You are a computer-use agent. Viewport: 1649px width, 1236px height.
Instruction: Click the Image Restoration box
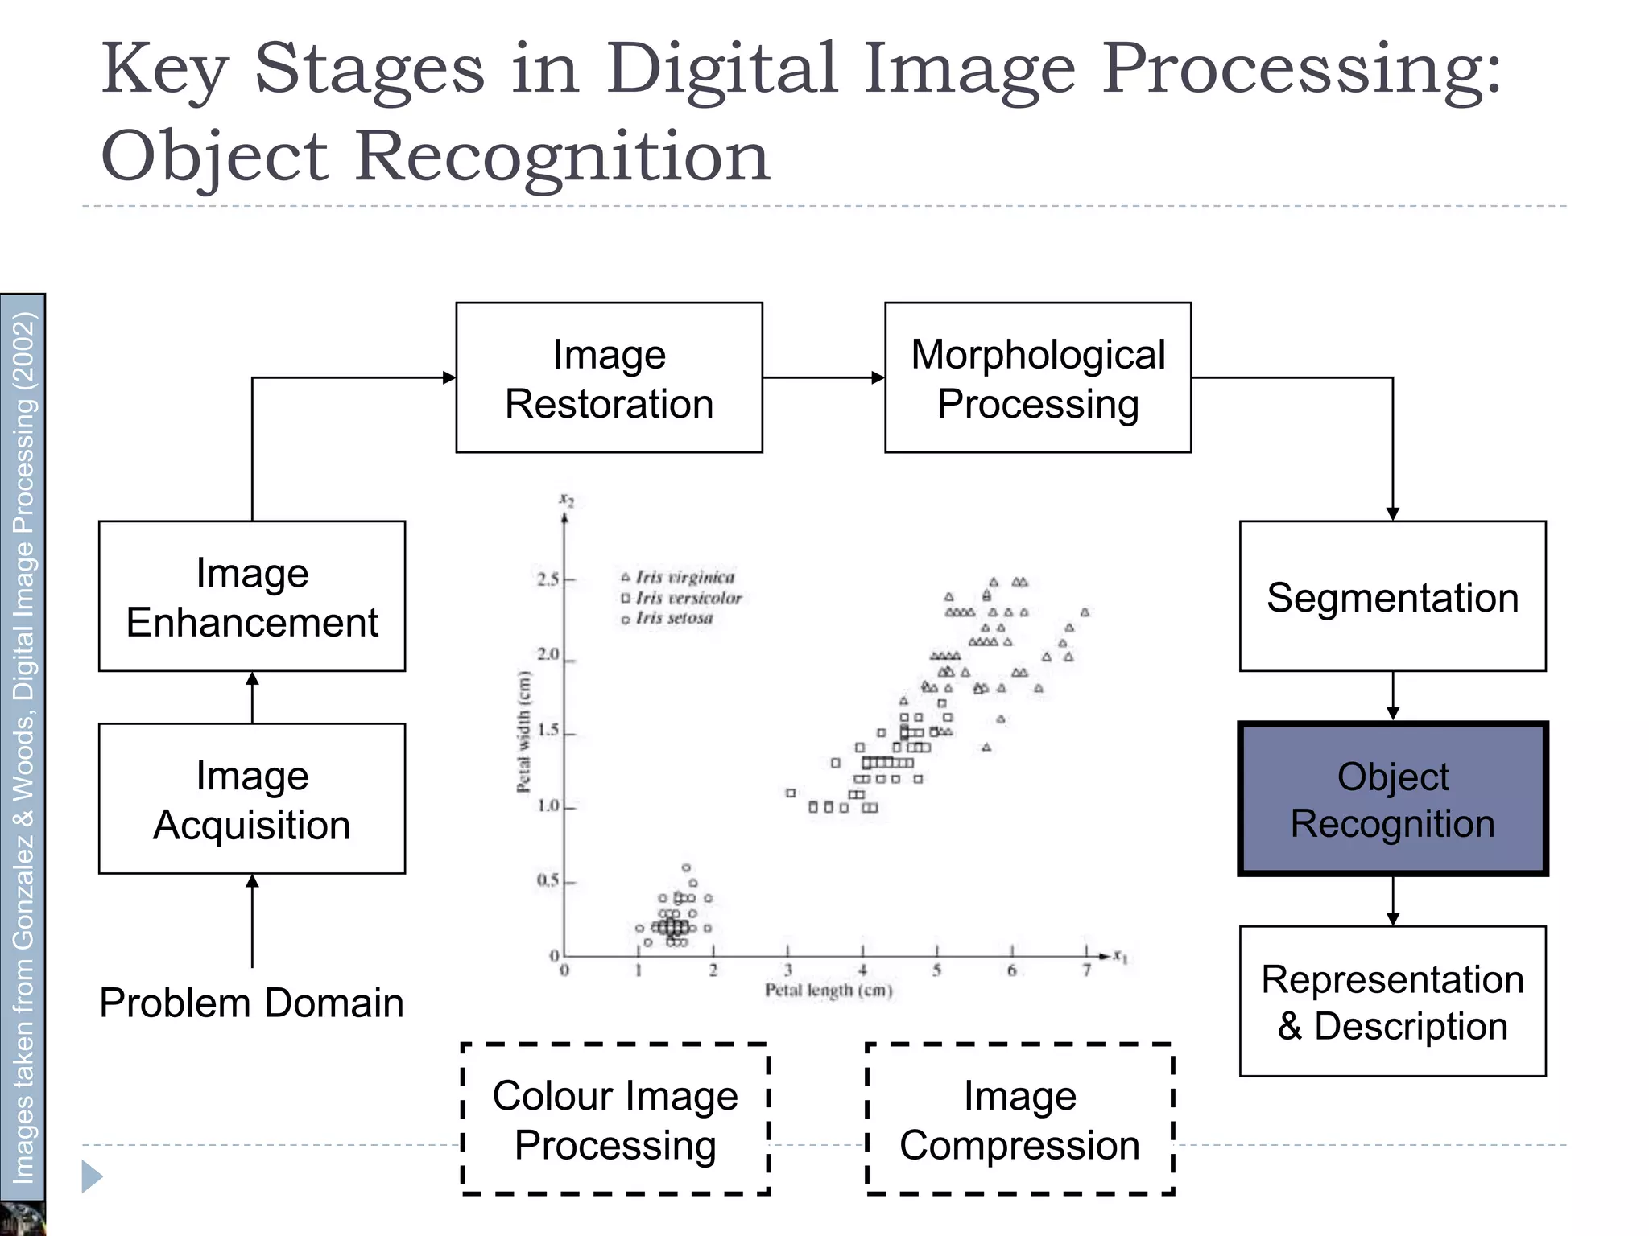[x=609, y=377]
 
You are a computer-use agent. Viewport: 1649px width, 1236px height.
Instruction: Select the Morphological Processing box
[x=1037, y=377]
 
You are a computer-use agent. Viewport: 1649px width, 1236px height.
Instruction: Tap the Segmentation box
[x=1392, y=596]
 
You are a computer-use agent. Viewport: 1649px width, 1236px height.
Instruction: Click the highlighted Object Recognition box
[x=1392, y=799]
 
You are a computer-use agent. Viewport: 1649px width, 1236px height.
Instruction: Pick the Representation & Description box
[x=1392, y=1001]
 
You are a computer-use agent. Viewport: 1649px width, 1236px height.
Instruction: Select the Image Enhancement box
[x=251, y=596]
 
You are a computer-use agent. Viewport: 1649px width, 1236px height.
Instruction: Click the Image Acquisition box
[x=251, y=799]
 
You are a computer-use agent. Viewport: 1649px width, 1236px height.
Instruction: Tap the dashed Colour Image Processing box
[x=615, y=1119]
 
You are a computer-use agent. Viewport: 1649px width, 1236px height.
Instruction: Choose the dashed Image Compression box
[x=1019, y=1119]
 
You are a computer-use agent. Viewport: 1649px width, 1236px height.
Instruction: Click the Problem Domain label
[x=251, y=1003]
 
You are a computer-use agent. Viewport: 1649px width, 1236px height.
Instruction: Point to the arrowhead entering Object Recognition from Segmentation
[x=1393, y=713]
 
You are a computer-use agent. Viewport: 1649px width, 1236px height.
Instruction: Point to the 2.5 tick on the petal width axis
[x=548, y=579]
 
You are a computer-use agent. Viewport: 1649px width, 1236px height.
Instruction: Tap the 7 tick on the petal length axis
[x=1086, y=970]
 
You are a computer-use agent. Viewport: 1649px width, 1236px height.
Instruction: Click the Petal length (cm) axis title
[x=829, y=991]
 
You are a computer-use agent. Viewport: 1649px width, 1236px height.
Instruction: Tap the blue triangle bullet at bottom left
[x=92, y=1177]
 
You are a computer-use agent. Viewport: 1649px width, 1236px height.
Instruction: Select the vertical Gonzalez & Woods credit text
[x=23, y=748]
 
